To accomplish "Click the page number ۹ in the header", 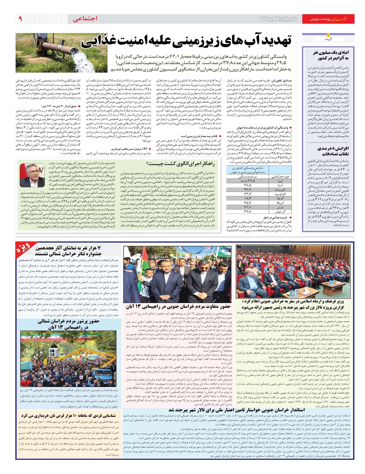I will tap(20, 19).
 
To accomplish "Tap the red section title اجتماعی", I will tap(85, 19).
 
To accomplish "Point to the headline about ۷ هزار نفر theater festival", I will tap(68, 251).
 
